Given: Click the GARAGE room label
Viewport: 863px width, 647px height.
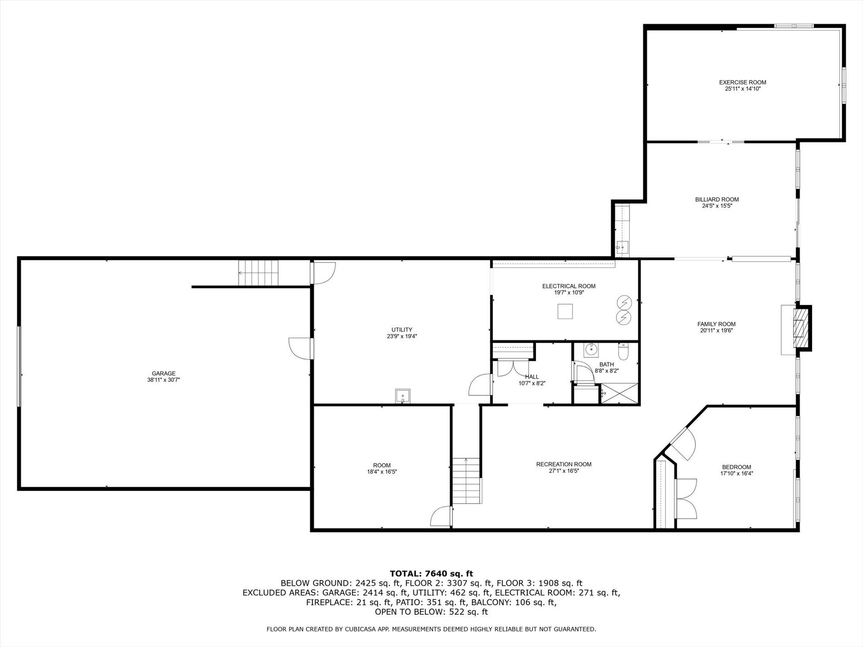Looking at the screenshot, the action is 164,374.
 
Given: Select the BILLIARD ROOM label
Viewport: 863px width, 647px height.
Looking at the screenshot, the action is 717,199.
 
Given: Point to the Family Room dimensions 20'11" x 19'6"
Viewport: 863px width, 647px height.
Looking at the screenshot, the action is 716,331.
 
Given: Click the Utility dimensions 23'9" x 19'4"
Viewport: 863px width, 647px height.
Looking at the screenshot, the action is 402,336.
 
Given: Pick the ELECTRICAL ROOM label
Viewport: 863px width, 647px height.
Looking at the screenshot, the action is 569,286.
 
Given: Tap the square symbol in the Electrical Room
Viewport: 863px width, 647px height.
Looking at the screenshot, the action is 565,311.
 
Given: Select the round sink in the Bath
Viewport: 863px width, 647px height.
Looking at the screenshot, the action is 591,350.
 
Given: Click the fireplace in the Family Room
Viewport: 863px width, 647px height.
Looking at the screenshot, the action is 800,328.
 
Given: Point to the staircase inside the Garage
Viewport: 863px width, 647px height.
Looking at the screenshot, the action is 258,273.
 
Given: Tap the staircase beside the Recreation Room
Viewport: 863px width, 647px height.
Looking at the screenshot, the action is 466,481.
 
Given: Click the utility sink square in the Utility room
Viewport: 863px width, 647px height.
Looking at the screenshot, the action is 402,396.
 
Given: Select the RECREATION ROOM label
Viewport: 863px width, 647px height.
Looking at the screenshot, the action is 564,464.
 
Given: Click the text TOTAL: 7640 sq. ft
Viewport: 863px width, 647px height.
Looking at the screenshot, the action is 431,574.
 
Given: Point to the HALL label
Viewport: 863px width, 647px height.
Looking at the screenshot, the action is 532,376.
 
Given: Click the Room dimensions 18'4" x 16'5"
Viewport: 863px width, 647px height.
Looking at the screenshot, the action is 382,472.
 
